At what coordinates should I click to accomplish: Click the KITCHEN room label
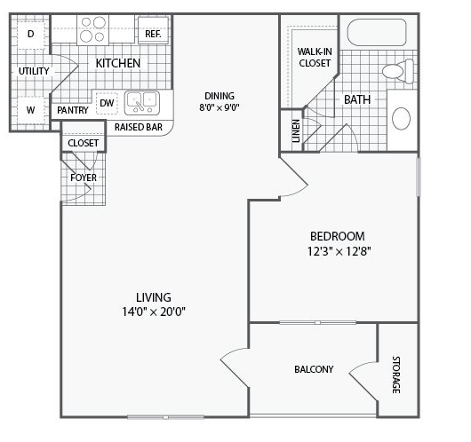[117, 63]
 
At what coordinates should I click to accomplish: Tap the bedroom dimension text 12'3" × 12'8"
[339, 251]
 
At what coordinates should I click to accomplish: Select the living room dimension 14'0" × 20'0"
[154, 312]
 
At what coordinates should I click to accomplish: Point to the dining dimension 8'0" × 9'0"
[220, 107]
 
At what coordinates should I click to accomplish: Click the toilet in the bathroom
[398, 70]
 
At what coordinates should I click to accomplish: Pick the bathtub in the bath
[377, 33]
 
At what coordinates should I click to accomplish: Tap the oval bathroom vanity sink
[401, 119]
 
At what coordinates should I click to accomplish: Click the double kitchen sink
[142, 103]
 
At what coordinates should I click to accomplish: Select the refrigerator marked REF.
[153, 30]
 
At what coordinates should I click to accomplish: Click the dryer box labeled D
[31, 35]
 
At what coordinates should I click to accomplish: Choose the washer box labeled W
[31, 110]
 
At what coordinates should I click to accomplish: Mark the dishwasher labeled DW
[107, 103]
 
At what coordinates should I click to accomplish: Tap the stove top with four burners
[92, 29]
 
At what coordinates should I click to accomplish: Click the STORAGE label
[396, 375]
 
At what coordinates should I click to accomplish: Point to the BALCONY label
[314, 369]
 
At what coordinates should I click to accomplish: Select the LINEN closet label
[296, 131]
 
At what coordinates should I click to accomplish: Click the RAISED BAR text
[139, 127]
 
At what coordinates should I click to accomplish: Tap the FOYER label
[84, 178]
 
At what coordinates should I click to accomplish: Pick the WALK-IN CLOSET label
[315, 58]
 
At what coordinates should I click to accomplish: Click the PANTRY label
[73, 110]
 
